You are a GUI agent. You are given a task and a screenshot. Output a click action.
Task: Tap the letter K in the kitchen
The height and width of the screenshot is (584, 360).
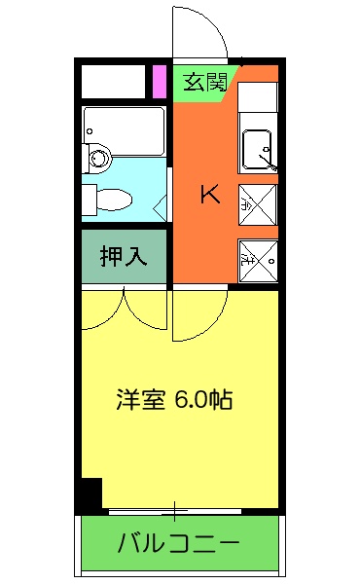click(209, 194)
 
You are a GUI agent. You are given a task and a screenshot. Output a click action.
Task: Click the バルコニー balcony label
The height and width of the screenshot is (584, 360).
click(179, 543)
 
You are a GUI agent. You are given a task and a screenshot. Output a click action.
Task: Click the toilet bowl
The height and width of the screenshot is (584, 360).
click(110, 199)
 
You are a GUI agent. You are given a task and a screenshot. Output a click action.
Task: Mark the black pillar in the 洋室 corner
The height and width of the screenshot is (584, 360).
click(90, 494)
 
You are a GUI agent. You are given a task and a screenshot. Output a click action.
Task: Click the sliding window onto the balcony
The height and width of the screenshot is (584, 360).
click(175, 509)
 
